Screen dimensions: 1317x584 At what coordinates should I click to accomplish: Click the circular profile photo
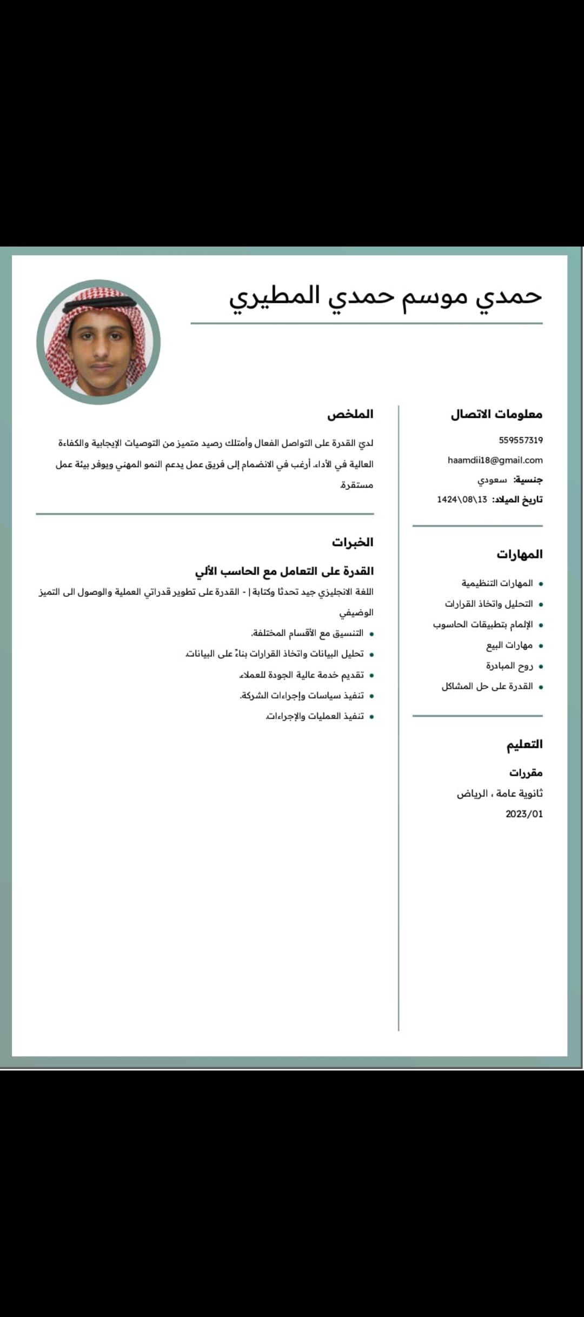coord(98,342)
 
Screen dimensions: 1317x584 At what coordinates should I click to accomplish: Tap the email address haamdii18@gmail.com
coord(495,460)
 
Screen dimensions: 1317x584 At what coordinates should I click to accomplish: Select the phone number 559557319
coord(520,440)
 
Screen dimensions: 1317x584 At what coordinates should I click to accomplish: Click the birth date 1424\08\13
coord(462,499)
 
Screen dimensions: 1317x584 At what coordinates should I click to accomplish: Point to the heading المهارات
coord(519,554)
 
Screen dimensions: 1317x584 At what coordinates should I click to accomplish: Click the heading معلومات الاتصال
coord(496,414)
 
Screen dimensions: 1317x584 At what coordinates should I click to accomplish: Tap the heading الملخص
coord(350,414)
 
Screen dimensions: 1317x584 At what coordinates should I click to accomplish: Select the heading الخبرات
coord(353,542)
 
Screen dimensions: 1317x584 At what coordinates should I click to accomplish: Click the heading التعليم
coord(524,744)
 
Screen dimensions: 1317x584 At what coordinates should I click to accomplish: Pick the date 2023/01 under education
coord(524,814)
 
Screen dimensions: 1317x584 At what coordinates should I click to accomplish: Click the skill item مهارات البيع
coord(509,645)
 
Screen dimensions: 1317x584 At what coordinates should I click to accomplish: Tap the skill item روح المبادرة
coord(509,666)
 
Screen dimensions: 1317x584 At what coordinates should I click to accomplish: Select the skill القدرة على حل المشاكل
coord(487,686)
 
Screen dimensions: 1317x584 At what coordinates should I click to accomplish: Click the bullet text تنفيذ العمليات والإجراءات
coord(315,716)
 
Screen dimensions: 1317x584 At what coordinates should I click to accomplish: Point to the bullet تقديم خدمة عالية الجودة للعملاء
coord(301,675)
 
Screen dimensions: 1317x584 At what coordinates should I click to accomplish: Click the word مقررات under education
coord(526,773)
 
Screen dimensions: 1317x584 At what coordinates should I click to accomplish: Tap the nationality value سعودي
coord(492,480)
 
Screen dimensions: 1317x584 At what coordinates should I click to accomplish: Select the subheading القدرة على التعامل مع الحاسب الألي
coord(284,571)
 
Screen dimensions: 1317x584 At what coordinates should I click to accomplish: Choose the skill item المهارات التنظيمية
coord(497,583)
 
